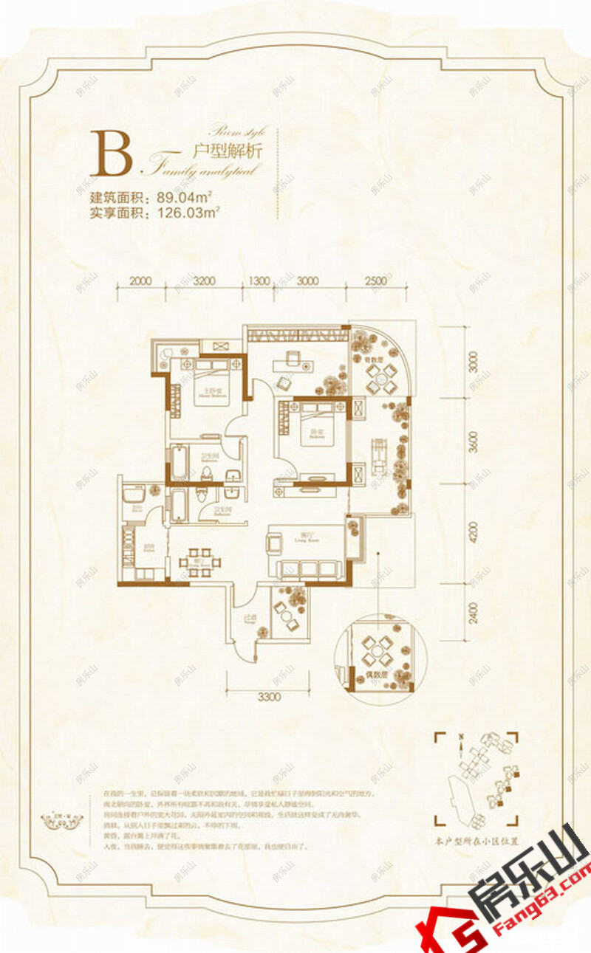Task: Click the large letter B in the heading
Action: pyautogui.click(x=111, y=154)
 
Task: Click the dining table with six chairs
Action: pyautogui.click(x=199, y=561)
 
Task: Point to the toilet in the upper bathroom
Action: pyautogui.click(x=232, y=476)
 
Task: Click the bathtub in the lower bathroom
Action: pyautogui.click(x=179, y=506)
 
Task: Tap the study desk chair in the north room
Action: pyautogui.click(x=283, y=382)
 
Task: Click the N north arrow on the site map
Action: pyautogui.click(x=460, y=737)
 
